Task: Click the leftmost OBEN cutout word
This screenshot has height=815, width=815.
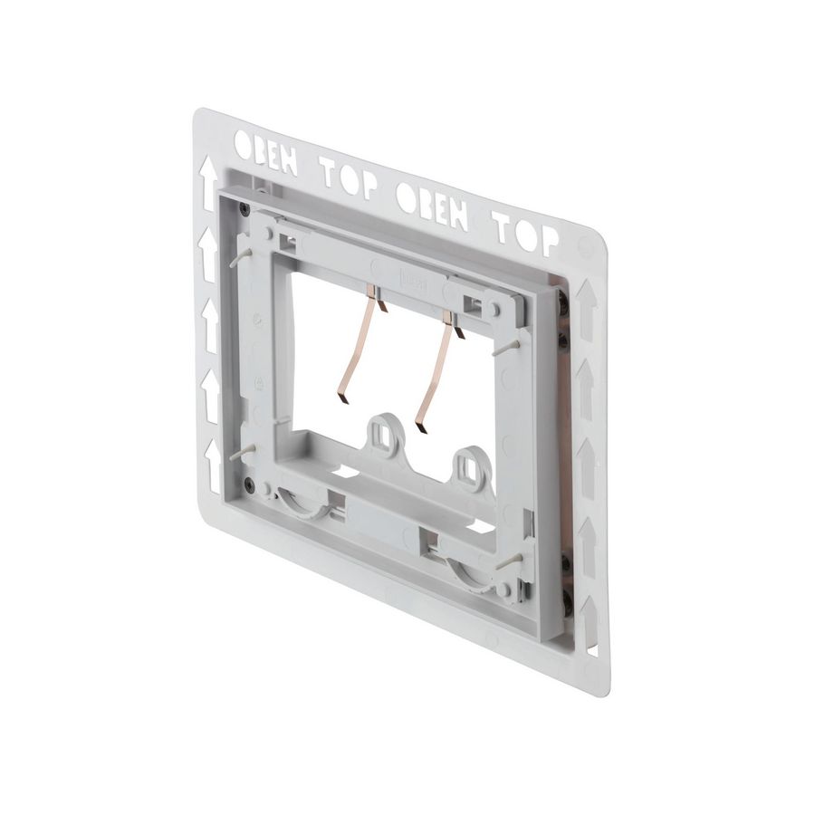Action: [x=265, y=153]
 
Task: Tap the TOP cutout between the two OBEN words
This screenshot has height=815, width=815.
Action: [x=349, y=177]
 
